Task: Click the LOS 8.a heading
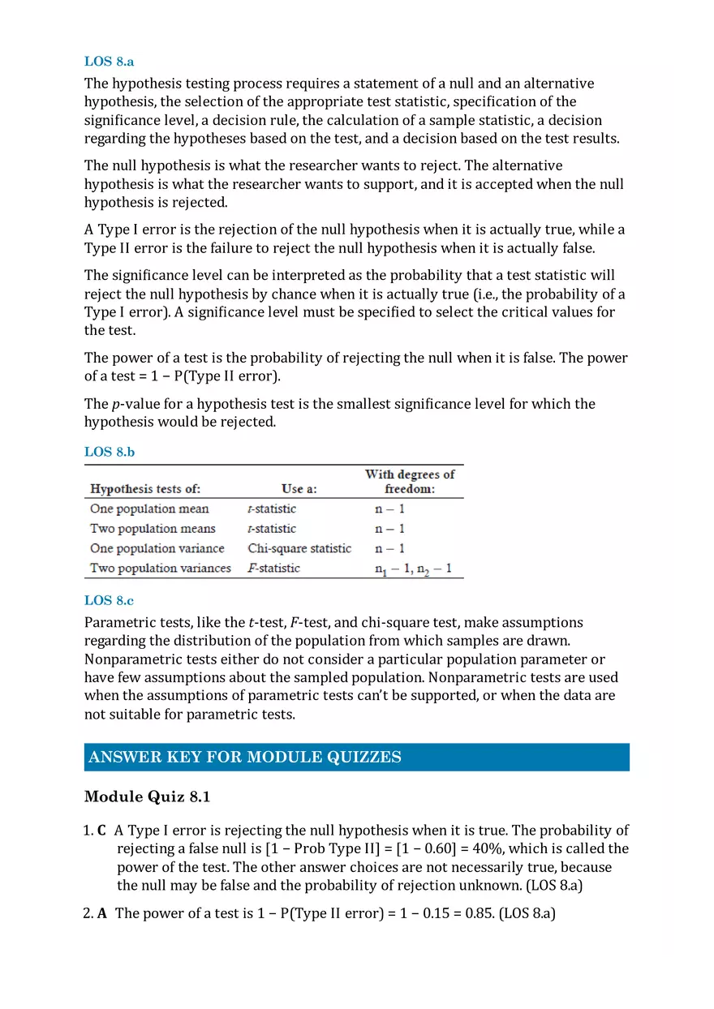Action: click(x=109, y=61)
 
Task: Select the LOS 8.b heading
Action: click(x=109, y=452)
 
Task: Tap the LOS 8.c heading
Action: click(x=109, y=601)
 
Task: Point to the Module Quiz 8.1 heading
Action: click(x=147, y=797)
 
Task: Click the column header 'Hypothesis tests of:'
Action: click(x=145, y=489)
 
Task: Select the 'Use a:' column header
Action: click(x=299, y=489)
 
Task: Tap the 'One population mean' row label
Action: click(x=149, y=509)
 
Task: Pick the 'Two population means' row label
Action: click(x=153, y=529)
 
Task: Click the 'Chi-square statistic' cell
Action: click(x=299, y=548)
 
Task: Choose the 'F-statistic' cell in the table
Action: click(x=273, y=568)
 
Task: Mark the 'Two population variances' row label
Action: click(x=161, y=568)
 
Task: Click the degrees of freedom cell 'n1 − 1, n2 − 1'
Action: click(x=413, y=569)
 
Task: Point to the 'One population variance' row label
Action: click(x=157, y=548)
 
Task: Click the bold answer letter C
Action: click(x=101, y=831)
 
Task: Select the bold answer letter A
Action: click(x=102, y=913)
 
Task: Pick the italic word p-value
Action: click(x=134, y=404)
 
